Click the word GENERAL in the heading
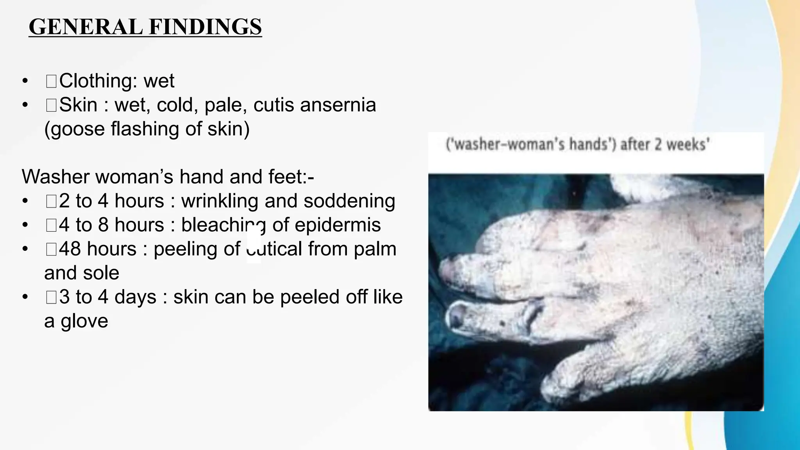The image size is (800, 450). pos(86,27)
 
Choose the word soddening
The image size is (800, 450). pos(349,201)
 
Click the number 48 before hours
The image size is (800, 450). pos(70,249)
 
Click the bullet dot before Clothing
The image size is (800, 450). pos(25,81)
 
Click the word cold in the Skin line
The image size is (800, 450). pos(177,105)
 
